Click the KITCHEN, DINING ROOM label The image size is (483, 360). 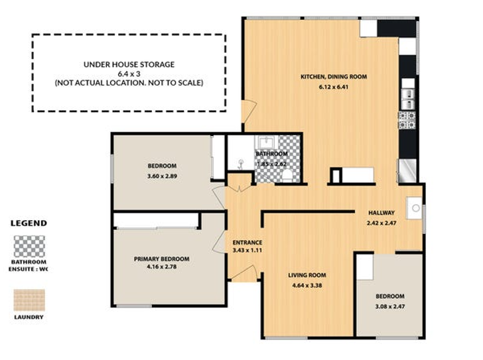coord(334,77)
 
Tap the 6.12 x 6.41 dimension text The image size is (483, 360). coord(334,87)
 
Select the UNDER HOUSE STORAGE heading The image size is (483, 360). coord(129,64)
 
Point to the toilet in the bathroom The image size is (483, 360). coord(288,176)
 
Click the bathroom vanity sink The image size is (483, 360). coord(266,142)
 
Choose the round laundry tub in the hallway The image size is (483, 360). coord(415,208)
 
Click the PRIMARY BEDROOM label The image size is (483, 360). coord(161,259)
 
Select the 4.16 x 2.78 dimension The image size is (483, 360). coord(162,267)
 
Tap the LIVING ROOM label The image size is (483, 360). coord(307,275)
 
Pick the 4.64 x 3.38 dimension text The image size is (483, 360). coord(307,285)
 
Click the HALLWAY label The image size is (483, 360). coord(381,213)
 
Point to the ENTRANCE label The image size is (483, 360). coord(247,243)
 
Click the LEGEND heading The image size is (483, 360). coord(29,223)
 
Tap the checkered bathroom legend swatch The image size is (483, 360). coord(29,246)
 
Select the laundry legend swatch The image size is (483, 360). coord(29,300)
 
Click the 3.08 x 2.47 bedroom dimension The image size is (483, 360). coord(390,306)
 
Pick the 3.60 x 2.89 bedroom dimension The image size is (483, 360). coord(162,176)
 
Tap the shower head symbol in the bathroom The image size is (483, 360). coord(241,164)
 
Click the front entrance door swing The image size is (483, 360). coord(244,272)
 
